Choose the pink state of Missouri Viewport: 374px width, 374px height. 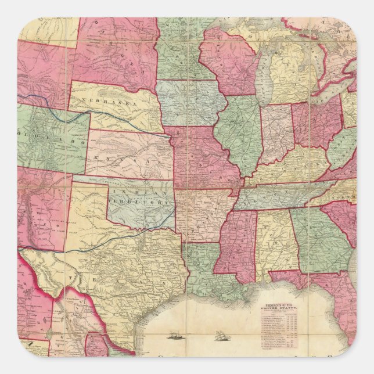tap(200, 157)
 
